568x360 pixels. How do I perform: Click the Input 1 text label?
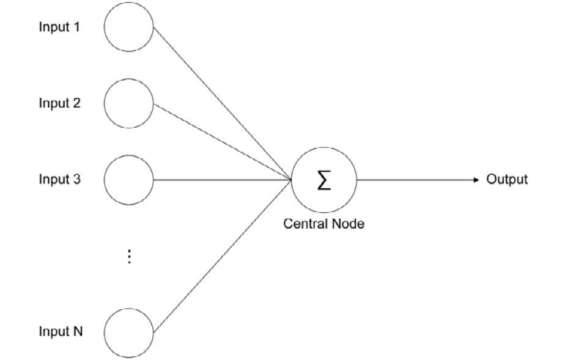(59, 27)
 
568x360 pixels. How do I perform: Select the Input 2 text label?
(59, 103)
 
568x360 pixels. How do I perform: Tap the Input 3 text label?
(59, 180)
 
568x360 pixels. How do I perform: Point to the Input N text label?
(61, 332)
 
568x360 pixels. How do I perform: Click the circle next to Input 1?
(128, 28)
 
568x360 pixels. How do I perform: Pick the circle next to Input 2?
(128, 104)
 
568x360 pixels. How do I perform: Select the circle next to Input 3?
(128, 180)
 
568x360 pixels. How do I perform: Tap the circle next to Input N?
(128, 332)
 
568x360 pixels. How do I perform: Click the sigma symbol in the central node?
(323, 180)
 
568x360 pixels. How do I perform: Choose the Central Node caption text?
(323, 224)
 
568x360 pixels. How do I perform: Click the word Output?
(506, 180)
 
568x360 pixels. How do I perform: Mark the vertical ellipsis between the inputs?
(129, 257)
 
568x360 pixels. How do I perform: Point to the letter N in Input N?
(78, 332)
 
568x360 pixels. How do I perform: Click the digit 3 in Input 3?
(76, 180)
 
